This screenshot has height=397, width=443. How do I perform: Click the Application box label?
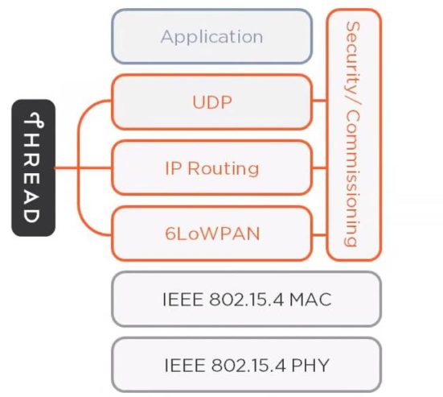[x=212, y=37]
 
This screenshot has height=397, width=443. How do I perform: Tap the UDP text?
[x=212, y=102]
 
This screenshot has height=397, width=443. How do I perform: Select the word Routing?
[x=224, y=168]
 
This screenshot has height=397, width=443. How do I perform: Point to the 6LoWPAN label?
[x=212, y=234]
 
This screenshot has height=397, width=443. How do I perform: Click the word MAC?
[x=310, y=300]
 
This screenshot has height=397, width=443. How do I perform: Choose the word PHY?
[x=310, y=365]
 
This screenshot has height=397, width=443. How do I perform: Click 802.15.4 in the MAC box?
[x=246, y=300]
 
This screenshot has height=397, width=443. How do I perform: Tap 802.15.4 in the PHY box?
[x=248, y=365]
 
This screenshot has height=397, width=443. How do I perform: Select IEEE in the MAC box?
[x=183, y=300]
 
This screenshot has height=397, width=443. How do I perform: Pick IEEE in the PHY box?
[x=184, y=365]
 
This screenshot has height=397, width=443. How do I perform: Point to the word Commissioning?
[x=353, y=178]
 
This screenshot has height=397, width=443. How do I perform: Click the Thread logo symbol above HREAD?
[x=34, y=120]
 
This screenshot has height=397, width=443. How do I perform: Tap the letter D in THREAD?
[x=31, y=216]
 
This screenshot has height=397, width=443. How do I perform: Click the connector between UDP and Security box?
[x=319, y=100]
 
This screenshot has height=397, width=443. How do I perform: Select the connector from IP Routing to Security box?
[x=319, y=168]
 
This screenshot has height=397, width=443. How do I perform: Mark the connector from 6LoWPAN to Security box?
[x=319, y=234]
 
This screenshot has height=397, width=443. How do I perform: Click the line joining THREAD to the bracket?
[x=66, y=168]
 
